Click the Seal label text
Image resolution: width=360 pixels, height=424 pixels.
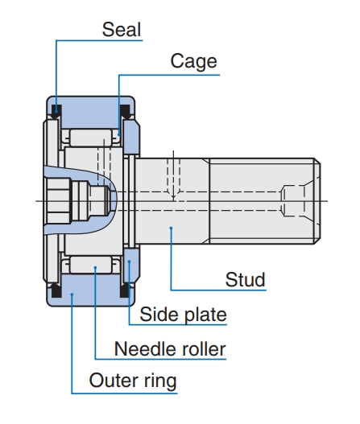[122, 30]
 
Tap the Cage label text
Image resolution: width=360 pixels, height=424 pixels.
[193, 61]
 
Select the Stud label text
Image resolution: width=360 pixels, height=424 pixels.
[245, 280]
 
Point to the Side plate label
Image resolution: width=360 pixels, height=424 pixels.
[183, 315]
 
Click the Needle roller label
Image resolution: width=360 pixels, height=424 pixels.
[170, 349]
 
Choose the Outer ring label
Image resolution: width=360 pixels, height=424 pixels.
[133, 381]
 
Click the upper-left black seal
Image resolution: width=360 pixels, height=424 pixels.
[56, 111]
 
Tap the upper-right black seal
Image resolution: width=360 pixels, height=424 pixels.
[125, 111]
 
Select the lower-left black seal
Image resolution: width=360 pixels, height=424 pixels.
[56, 290]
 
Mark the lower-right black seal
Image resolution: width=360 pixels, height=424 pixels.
[125, 290]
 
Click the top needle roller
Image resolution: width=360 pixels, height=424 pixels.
[91, 138]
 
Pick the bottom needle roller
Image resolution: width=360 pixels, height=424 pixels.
[91, 265]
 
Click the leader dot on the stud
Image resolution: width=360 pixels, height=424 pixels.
[171, 228]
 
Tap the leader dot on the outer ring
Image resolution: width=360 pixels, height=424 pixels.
[72, 294]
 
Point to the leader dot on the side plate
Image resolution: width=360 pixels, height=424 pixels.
[129, 261]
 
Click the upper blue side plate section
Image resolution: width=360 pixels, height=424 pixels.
[131, 137]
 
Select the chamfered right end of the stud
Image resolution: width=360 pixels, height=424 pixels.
[317, 201]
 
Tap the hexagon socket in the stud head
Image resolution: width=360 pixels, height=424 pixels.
[59, 201]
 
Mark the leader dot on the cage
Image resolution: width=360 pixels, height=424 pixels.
[118, 134]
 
